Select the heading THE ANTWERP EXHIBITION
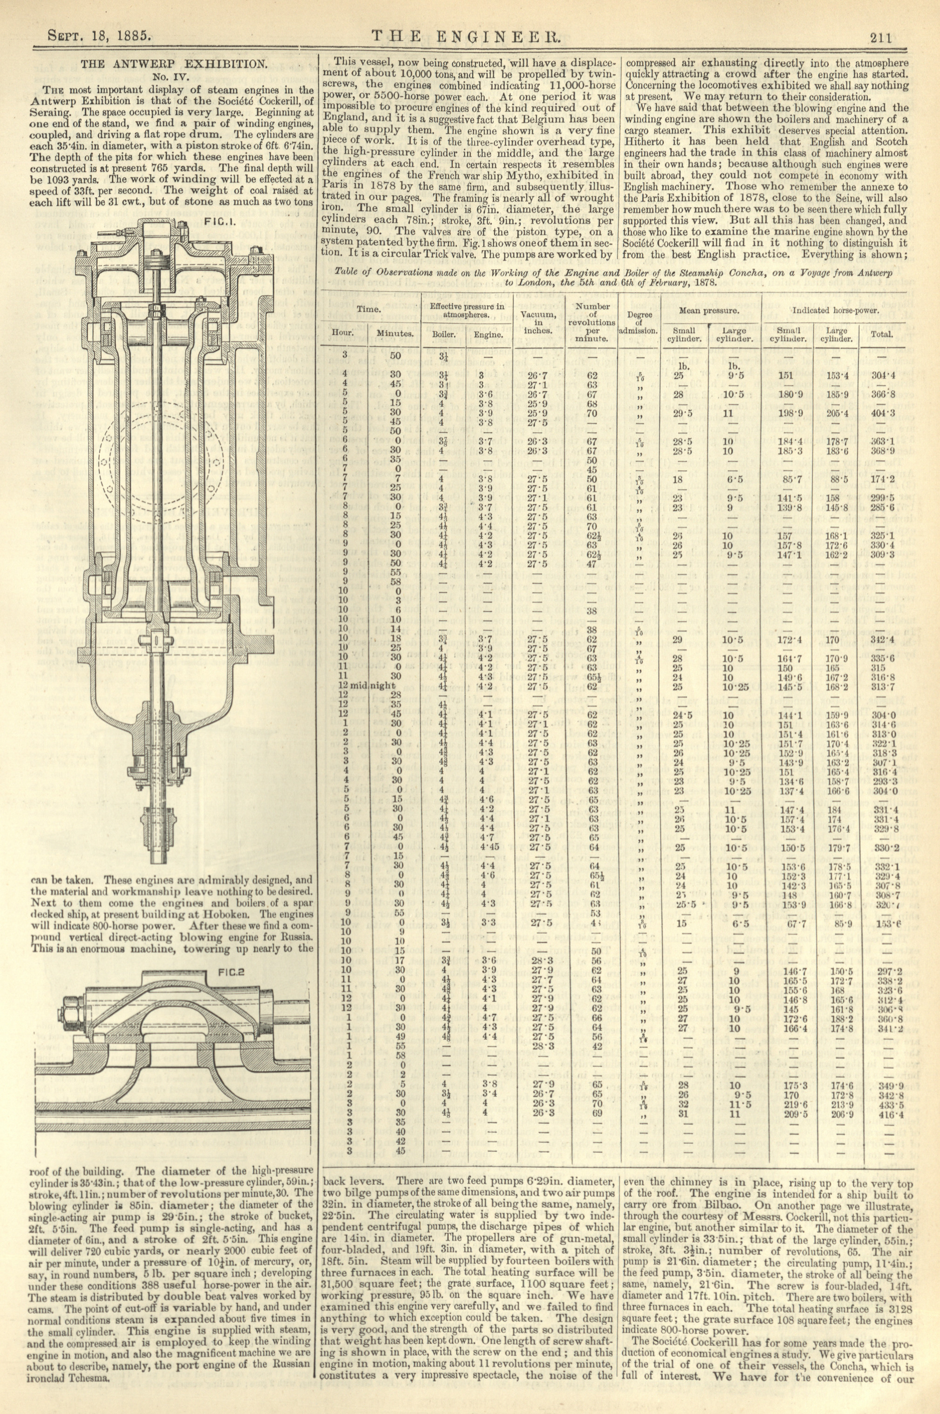(x=174, y=63)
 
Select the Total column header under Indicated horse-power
(x=882, y=334)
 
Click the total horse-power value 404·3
(x=882, y=413)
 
